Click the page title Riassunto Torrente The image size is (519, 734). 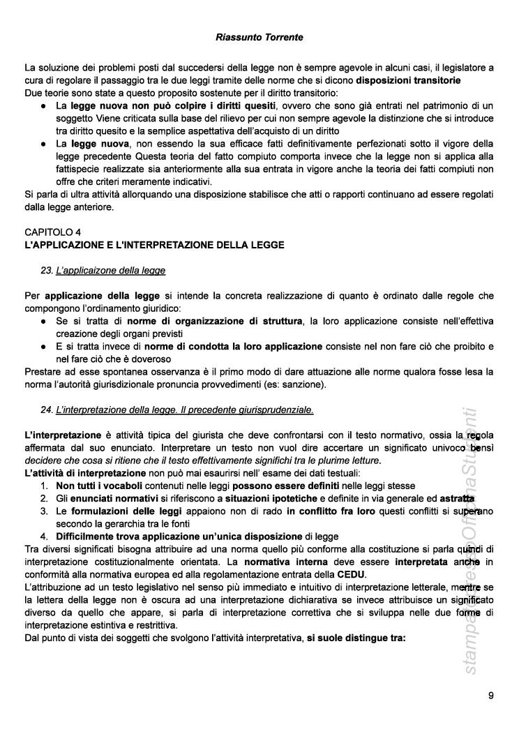coord(259,37)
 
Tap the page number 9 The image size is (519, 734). coord(491,695)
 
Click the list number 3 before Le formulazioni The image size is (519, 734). coord(43,511)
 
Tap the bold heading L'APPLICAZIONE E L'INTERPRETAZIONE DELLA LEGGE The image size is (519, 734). coord(154,244)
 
